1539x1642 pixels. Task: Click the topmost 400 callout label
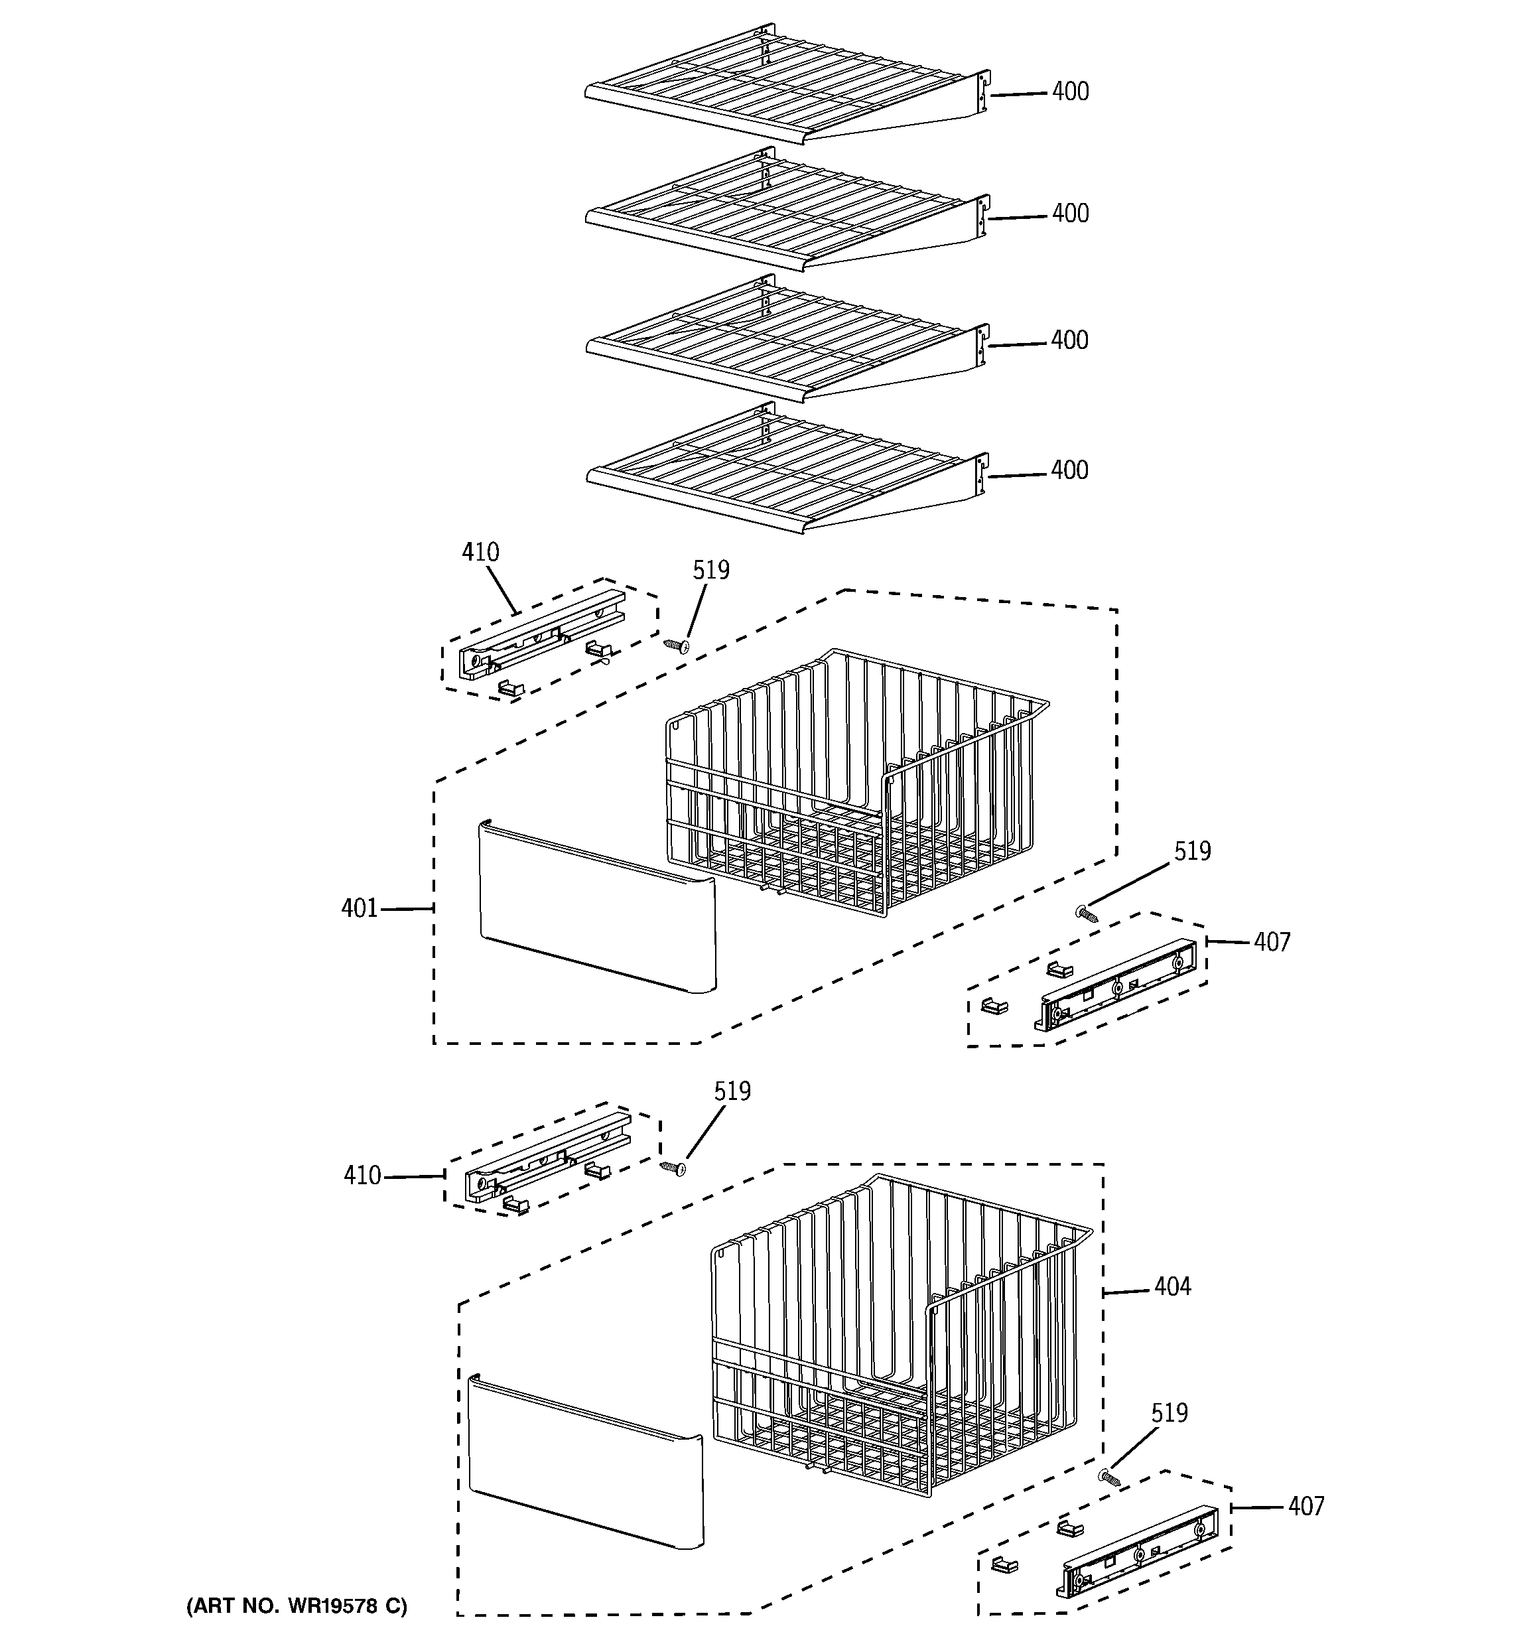1070,92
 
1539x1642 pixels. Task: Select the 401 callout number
360,908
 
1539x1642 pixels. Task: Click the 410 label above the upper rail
480,552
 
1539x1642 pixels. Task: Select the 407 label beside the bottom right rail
1305,1507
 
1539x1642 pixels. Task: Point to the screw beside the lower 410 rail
673,1168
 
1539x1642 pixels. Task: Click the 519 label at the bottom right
1169,1413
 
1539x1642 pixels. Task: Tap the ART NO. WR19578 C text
297,1606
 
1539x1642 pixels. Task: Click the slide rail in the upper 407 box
1115,985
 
